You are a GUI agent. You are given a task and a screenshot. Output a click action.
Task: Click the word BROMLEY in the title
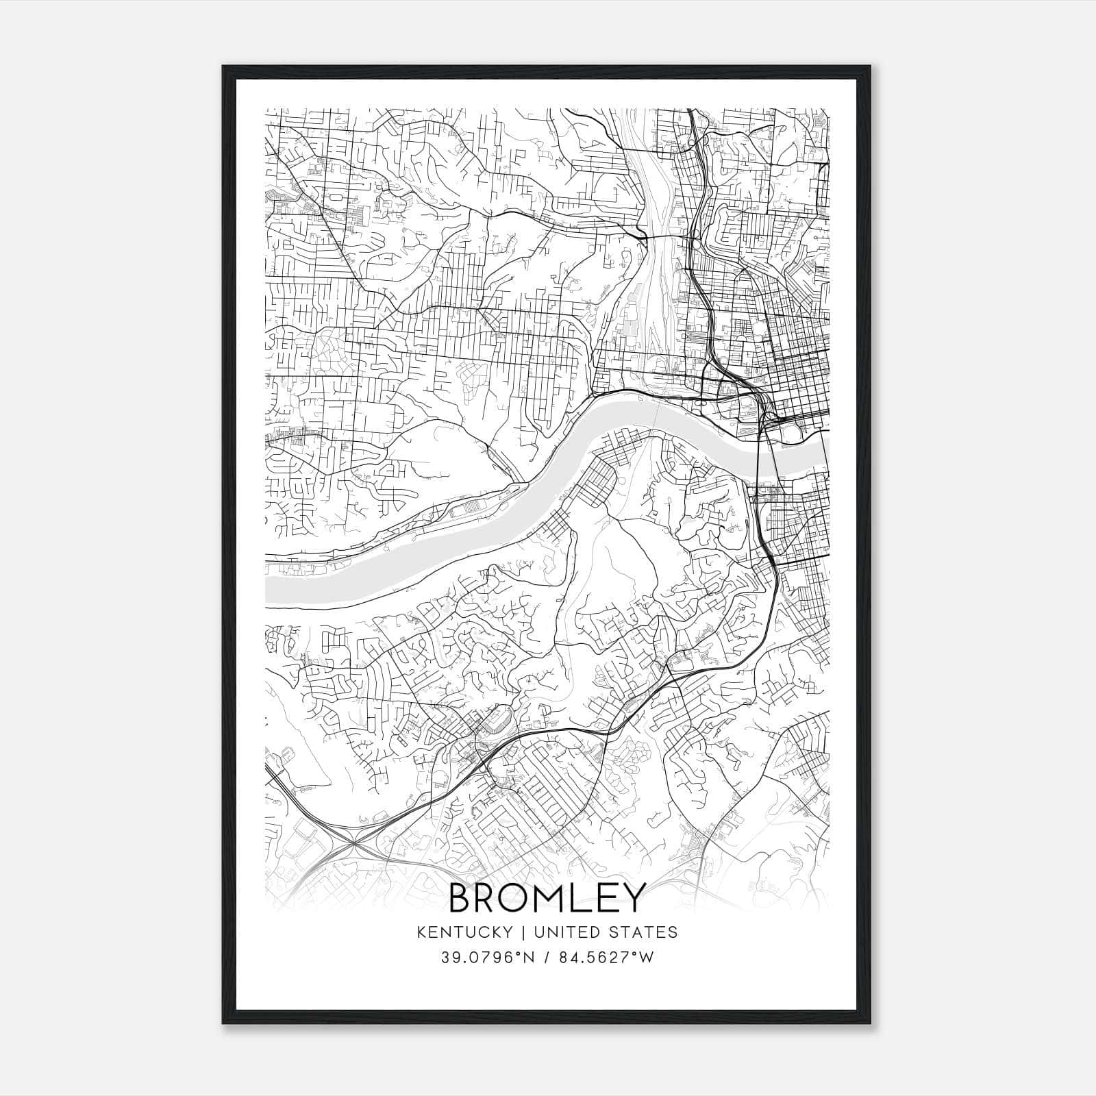point(547,897)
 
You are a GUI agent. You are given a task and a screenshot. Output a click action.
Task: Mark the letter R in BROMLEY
point(488,897)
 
